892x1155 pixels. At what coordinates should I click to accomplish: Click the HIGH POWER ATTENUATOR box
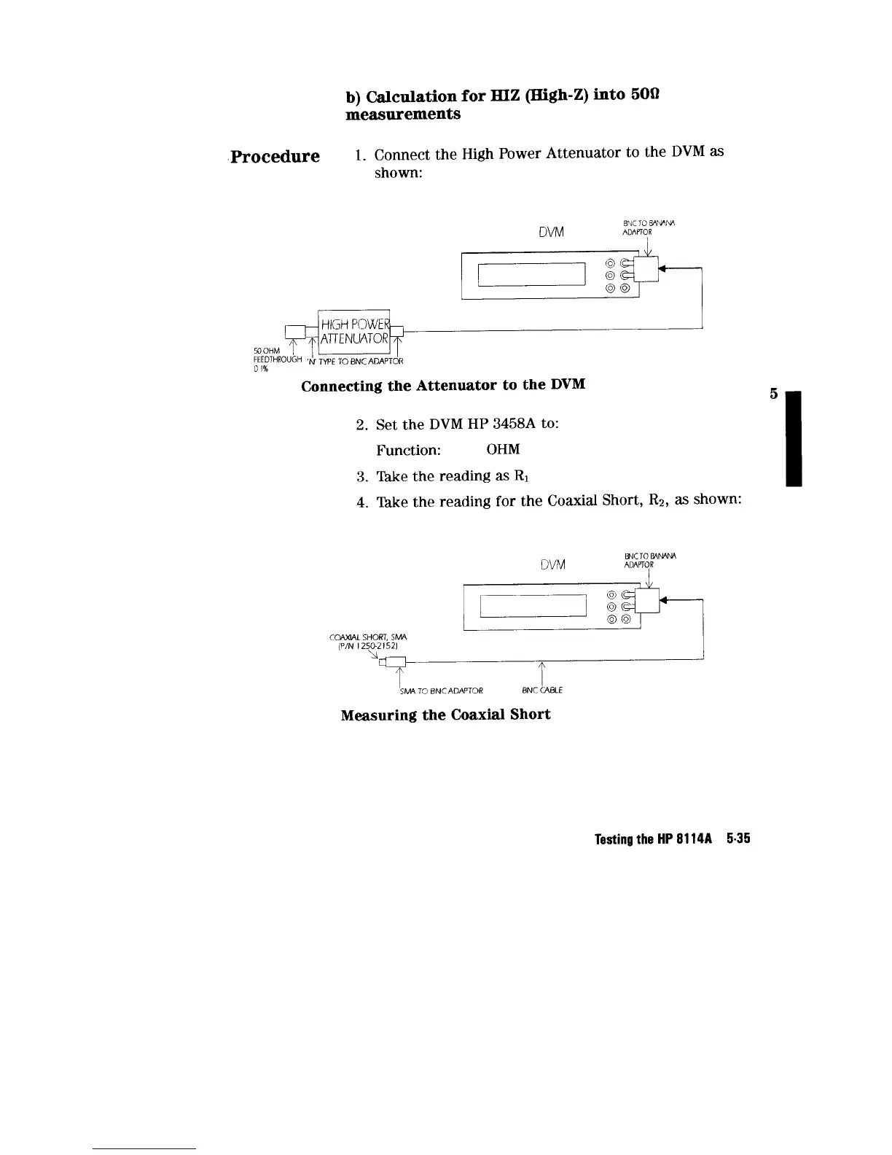[355, 331]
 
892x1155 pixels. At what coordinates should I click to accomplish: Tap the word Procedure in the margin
[275, 157]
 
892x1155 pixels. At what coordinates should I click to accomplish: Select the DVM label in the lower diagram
[553, 564]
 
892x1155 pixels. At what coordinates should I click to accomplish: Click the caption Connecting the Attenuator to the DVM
[443, 385]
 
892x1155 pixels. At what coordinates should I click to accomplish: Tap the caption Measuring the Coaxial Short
[445, 715]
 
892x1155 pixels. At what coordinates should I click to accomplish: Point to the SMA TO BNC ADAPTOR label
[441, 691]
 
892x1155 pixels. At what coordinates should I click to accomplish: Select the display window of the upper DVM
[532, 275]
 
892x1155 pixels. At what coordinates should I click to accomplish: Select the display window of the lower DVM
[532, 605]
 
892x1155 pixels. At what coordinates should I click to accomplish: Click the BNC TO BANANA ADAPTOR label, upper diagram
[641, 227]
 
